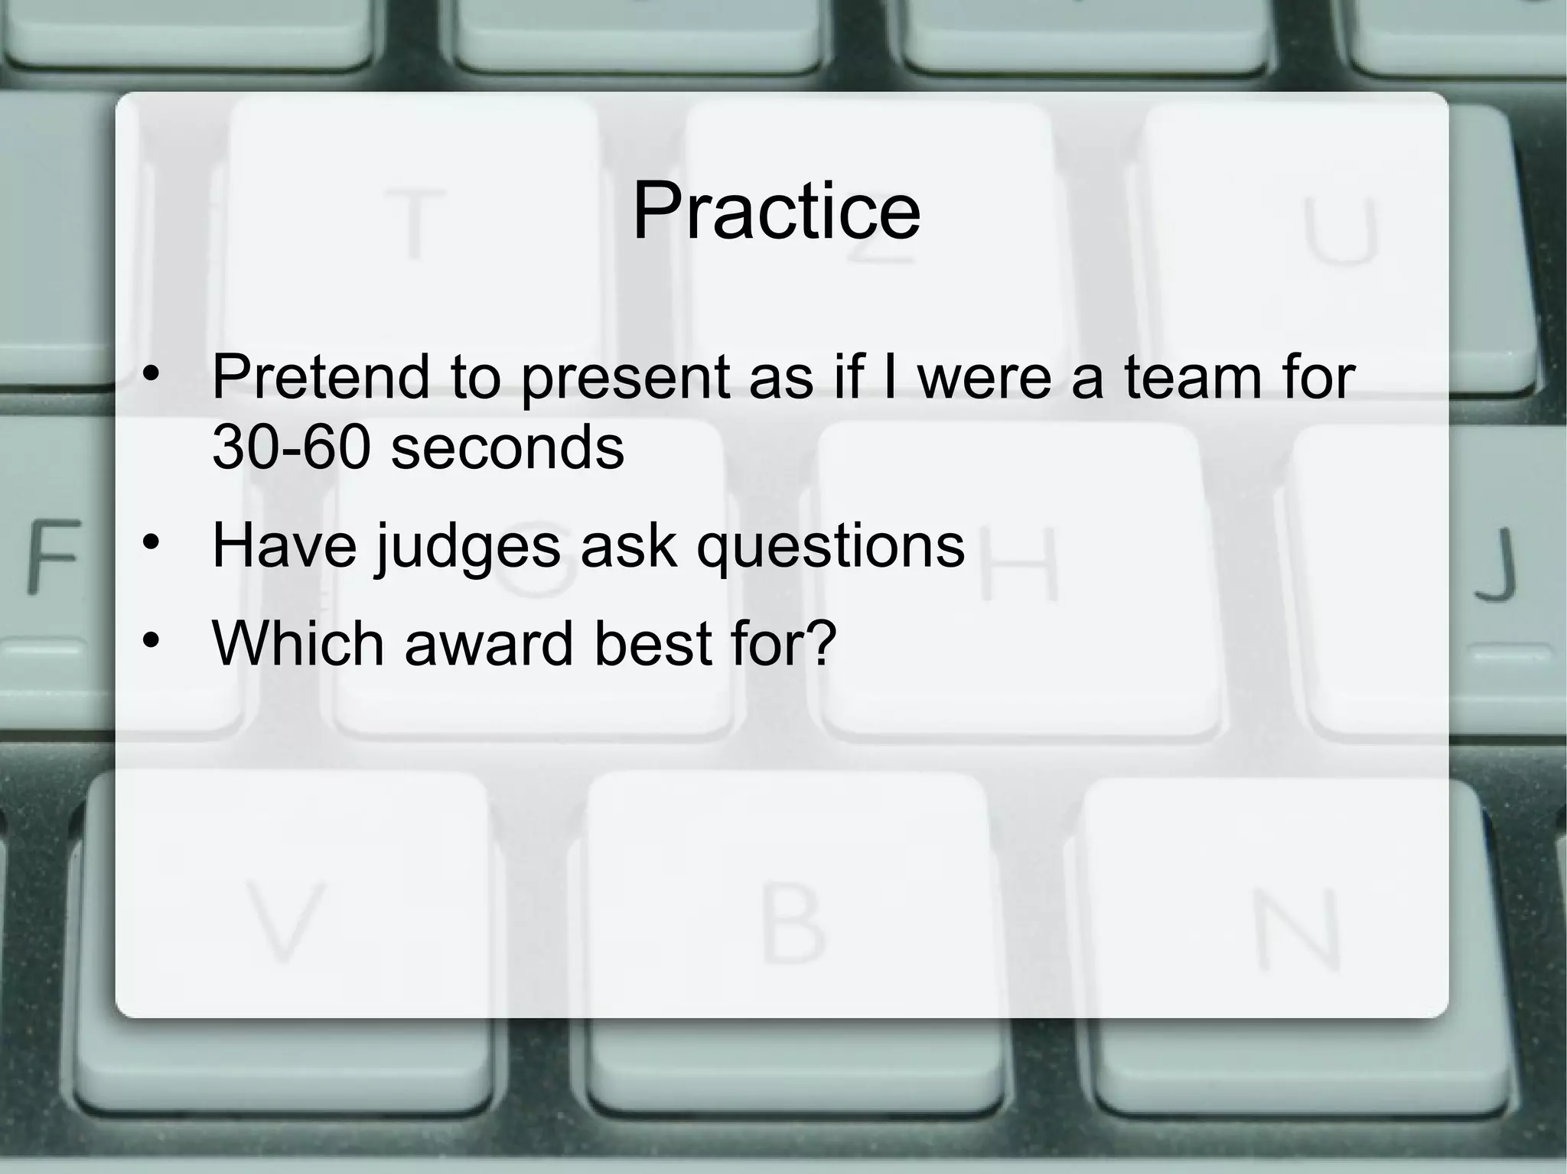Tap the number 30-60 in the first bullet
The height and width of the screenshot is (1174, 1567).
292,447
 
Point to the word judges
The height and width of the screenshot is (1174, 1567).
467,547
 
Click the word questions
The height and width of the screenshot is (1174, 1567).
829,547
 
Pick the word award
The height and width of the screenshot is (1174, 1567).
488,643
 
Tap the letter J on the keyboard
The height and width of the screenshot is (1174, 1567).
1496,563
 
